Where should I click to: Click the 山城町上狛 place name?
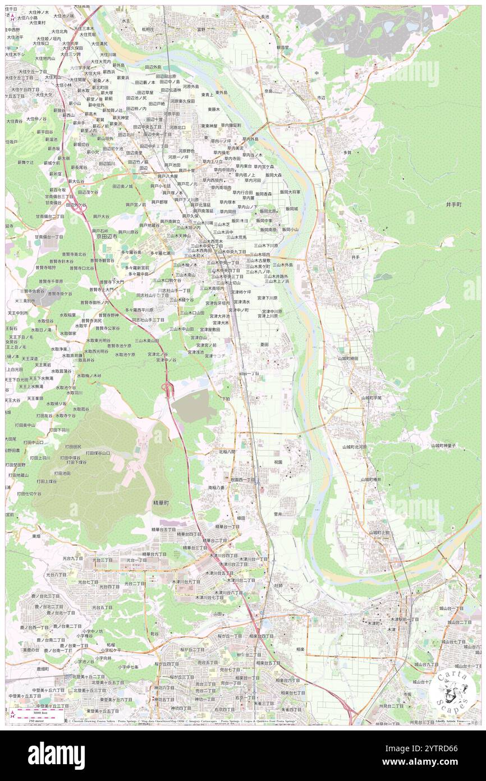(379, 532)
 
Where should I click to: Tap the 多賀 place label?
(347, 152)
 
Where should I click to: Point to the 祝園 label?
(278, 462)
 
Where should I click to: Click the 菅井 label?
(278, 513)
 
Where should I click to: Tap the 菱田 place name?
(264, 344)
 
